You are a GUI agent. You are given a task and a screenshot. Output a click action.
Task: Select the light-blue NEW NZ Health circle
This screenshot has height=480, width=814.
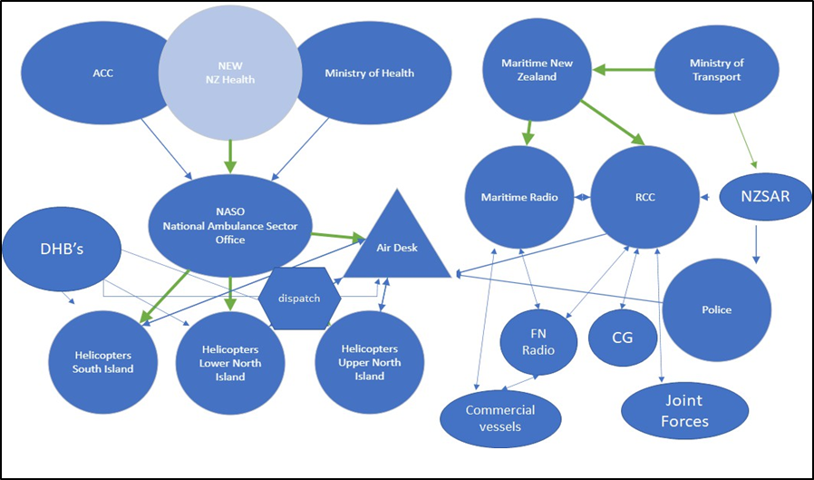[230, 73]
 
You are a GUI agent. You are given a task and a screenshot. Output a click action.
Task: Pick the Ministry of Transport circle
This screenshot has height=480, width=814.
[715, 70]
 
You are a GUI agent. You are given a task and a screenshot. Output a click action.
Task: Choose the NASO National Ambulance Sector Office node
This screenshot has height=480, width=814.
[230, 225]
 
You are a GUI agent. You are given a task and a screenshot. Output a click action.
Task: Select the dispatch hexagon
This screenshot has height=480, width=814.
[299, 298]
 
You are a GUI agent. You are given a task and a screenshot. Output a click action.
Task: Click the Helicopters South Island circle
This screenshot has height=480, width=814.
[102, 361]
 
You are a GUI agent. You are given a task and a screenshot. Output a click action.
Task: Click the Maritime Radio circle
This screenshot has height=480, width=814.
[519, 197]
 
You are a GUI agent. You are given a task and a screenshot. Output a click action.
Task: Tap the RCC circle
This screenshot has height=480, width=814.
[644, 197]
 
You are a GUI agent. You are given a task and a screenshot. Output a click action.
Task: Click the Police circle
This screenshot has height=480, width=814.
[716, 309]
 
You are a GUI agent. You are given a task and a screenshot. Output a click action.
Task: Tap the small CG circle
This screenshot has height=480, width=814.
[622, 338]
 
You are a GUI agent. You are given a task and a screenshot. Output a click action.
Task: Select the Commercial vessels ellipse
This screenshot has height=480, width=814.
[500, 417]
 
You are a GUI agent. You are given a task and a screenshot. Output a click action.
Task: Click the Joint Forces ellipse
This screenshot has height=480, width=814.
[684, 410]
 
